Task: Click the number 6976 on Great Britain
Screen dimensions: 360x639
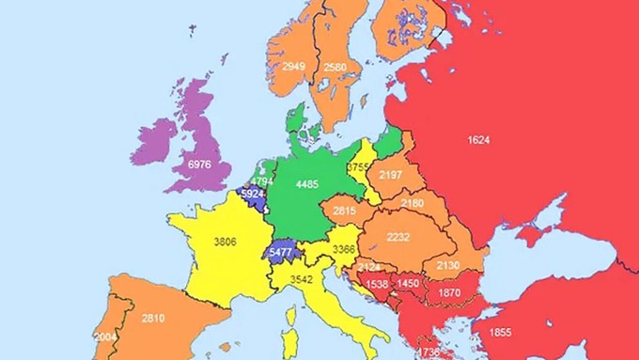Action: (200, 164)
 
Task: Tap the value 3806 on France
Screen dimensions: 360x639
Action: (225, 242)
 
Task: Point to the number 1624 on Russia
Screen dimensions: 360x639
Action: (478, 140)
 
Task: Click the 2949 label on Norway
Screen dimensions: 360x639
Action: (294, 67)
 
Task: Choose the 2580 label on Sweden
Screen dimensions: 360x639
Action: (335, 67)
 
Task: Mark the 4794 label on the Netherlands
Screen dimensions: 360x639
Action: (262, 181)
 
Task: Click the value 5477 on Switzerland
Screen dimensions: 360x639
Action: (281, 252)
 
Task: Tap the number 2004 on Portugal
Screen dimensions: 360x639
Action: (105, 337)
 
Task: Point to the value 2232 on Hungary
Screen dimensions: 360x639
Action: (399, 238)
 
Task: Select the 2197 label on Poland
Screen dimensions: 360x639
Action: (390, 176)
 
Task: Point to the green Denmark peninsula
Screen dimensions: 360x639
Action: (296, 124)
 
